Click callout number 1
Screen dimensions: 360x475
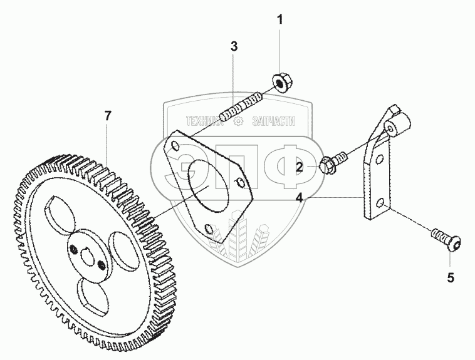point(280,19)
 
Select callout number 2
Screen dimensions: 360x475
point(300,167)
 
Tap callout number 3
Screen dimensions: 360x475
point(234,46)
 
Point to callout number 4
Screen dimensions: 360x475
point(300,198)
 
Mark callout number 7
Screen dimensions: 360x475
point(108,115)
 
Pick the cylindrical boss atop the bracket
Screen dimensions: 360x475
point(395,128)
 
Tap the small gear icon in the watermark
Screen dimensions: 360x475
point(237,123)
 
